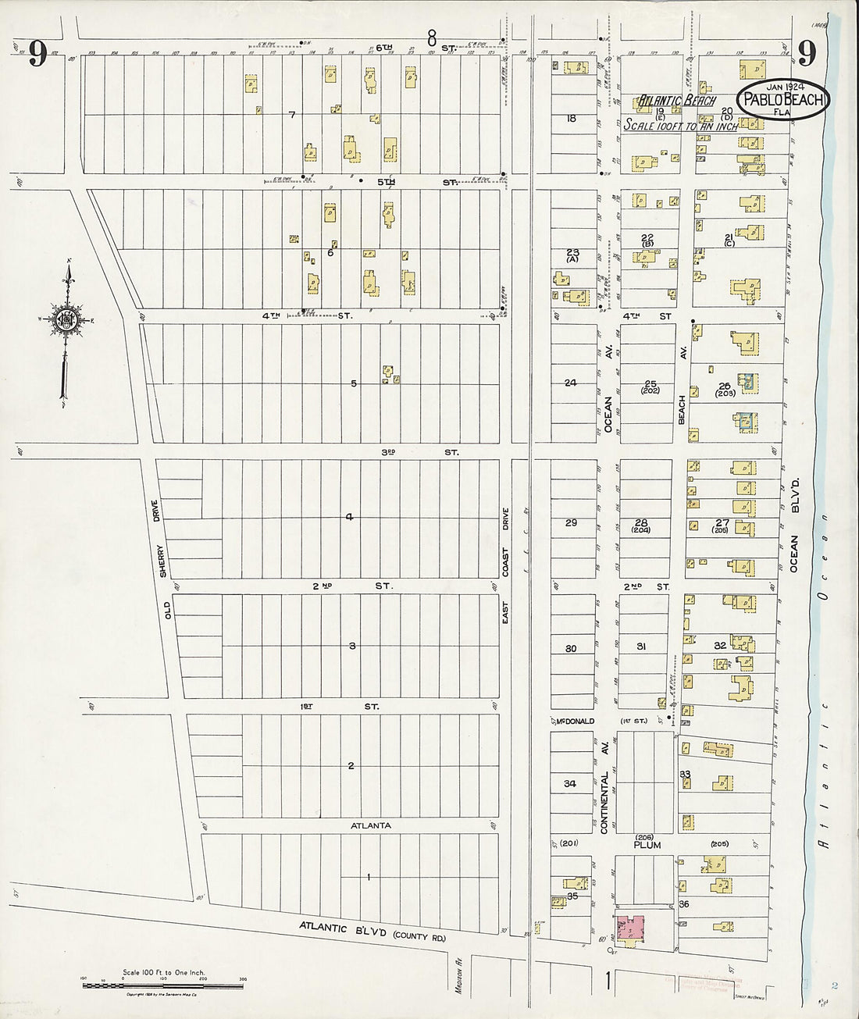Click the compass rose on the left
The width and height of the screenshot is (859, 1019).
[64, 320]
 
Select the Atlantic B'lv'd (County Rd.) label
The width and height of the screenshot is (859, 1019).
[371, 929]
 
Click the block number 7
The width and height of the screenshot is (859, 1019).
[292, 116]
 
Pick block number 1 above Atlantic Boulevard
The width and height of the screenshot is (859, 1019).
[368, 878]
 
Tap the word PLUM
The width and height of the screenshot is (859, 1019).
[647, 845]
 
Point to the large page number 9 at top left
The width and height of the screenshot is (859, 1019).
[39, 55]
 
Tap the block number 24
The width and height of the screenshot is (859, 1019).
[571, 383]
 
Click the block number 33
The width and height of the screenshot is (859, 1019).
[686, 775]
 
